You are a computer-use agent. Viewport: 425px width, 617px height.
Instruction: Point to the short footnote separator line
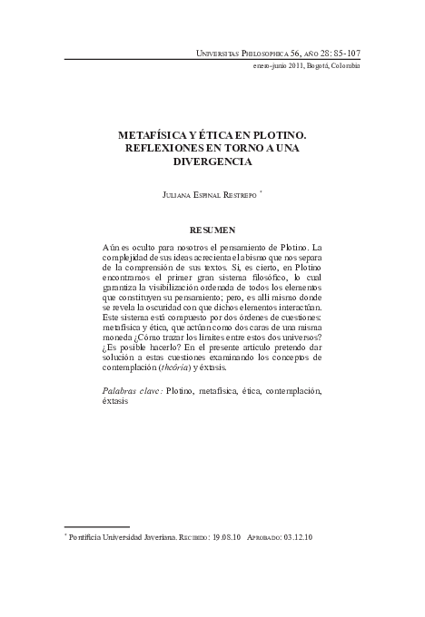click(97, 527)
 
